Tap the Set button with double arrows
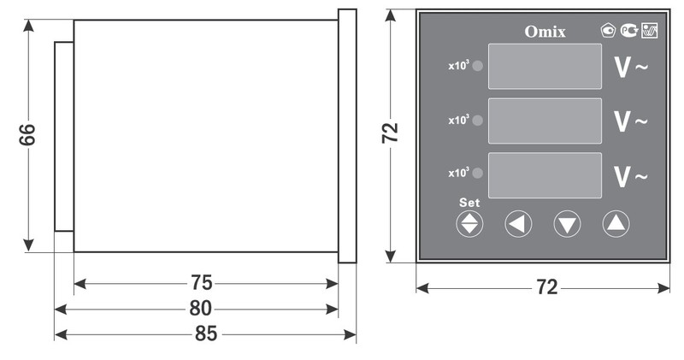point(470,224)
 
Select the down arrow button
point(567,224)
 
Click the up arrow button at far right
point(616,224)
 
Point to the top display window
point(545,66)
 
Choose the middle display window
point(545,121)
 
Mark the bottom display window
point(545,175)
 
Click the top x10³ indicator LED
point(478,66)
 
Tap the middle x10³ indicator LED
point(478,121)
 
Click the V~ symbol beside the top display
point(631,68)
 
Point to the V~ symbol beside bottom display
point(631,176)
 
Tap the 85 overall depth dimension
point(205,333)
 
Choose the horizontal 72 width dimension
point(546,287)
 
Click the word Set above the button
point(469,203)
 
